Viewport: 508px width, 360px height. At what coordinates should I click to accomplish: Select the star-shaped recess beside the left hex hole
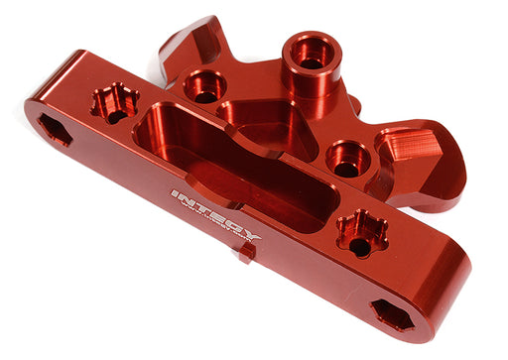pos(113,103)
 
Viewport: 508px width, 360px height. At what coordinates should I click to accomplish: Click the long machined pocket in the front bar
pos(227,169)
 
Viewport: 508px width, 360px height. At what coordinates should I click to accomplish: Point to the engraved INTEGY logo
pos(216,215)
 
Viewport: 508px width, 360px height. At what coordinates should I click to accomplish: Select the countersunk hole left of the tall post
pos(206,87)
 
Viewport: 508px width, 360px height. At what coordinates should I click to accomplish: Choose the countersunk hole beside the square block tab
pos(348,158)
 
